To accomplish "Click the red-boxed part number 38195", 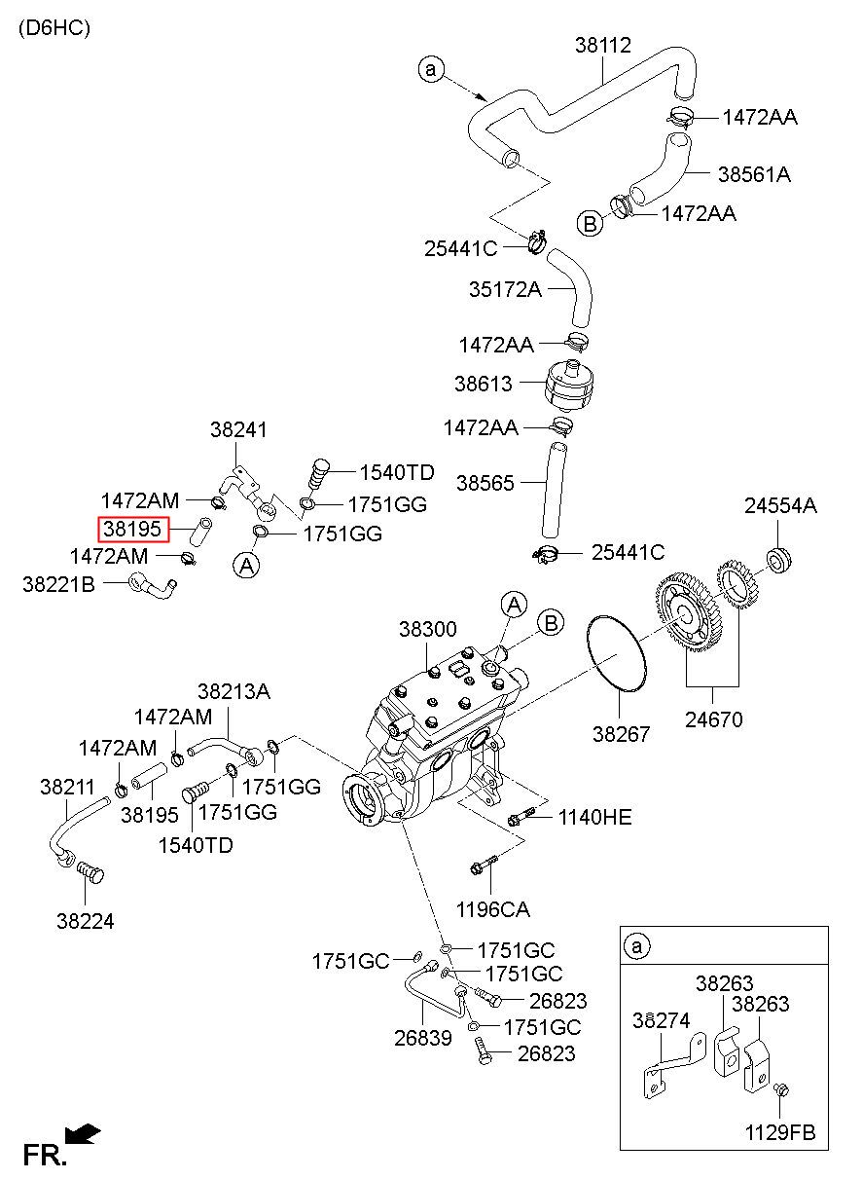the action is tap(132, 529).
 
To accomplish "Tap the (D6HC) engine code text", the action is tap(54, 27).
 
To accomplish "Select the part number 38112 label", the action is tap(602, 45).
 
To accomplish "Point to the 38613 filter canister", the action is tap(571, 385).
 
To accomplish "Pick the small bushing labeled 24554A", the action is tap(779, 561).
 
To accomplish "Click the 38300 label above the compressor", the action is tap(427, 629).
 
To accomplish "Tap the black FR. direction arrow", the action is tap(83, 1134).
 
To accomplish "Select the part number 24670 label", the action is tap(714, 719).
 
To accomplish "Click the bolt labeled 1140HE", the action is tap(521, 818).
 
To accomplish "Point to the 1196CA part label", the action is tap(493, 909).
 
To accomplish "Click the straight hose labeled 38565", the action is tap(554, 490).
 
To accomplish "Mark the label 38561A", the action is tap(754, 174).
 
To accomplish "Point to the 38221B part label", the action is tap(58, 584).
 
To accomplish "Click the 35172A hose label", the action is tap(505, 289).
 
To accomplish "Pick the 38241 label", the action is tap(238, 429).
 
